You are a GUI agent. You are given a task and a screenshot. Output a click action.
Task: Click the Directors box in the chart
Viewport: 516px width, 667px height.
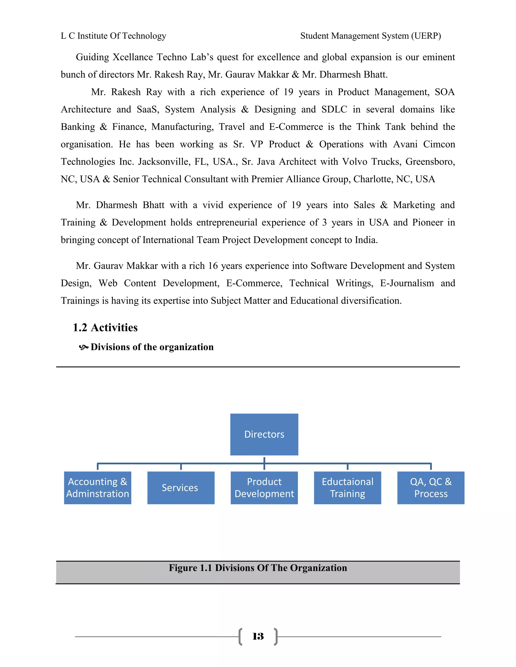264,434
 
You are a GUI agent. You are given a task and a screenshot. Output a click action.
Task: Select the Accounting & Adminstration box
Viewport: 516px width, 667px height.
98,488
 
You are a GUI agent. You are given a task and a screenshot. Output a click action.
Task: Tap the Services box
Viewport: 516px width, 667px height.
181,488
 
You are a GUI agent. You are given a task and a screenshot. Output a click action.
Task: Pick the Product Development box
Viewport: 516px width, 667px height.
264,488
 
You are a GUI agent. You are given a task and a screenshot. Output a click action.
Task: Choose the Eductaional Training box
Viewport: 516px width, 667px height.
347,488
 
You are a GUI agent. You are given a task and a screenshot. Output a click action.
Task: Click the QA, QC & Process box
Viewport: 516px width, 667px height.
430,488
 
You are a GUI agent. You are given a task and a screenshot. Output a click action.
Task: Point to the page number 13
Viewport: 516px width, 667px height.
258,637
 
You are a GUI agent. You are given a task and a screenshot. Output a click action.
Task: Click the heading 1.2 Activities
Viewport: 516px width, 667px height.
105,328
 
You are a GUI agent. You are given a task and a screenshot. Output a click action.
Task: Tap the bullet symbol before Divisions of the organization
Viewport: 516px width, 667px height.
83,347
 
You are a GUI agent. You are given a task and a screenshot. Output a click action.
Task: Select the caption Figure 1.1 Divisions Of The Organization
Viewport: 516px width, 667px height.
258,568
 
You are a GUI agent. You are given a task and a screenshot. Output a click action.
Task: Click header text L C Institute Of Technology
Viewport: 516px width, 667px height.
113,36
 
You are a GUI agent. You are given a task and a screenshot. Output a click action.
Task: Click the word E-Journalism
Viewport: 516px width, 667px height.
407,283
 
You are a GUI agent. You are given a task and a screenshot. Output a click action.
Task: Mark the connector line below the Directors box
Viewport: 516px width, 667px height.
264,461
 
